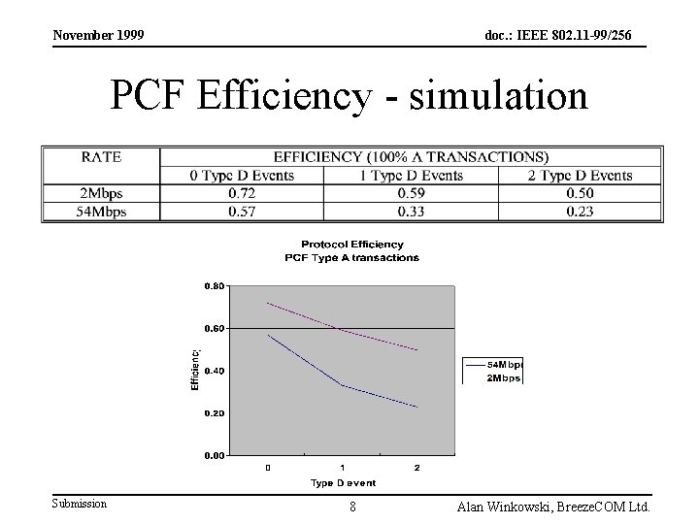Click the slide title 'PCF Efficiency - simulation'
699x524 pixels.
pos(349,96)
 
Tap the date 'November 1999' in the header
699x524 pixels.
pos(98,35)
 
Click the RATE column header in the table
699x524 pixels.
pos(101,156)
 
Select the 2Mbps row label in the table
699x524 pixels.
pos(101,193)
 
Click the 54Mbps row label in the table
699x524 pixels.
pos(101,212)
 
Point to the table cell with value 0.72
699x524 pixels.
pos(241,193)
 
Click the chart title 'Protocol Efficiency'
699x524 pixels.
pos(351,245)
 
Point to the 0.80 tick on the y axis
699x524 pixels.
pos(214,286)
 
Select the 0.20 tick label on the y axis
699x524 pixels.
pos(214,412)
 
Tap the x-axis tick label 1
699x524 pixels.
pos(343,468)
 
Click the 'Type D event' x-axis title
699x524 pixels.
pos(343,482)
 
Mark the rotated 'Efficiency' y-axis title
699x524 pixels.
pos(194,370)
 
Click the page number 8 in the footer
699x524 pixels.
pos(352,507)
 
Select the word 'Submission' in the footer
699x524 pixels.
pos(80,503)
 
